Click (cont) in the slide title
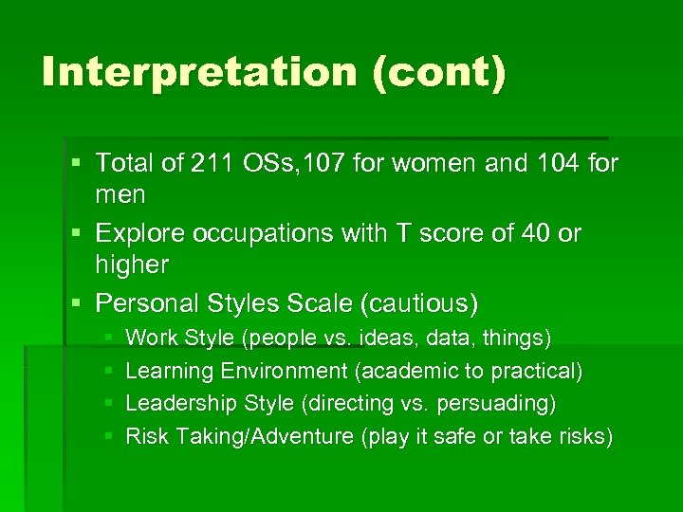[439, 73]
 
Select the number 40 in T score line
[532, 233]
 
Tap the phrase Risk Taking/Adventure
[241, 437]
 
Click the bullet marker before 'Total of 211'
[78, 164]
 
